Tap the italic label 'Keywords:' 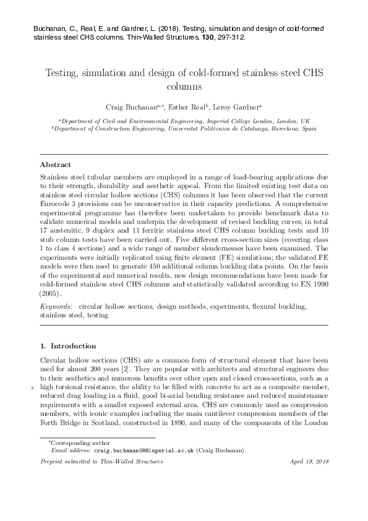54,306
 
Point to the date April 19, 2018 309,462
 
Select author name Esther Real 185,106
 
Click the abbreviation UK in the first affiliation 306,121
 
